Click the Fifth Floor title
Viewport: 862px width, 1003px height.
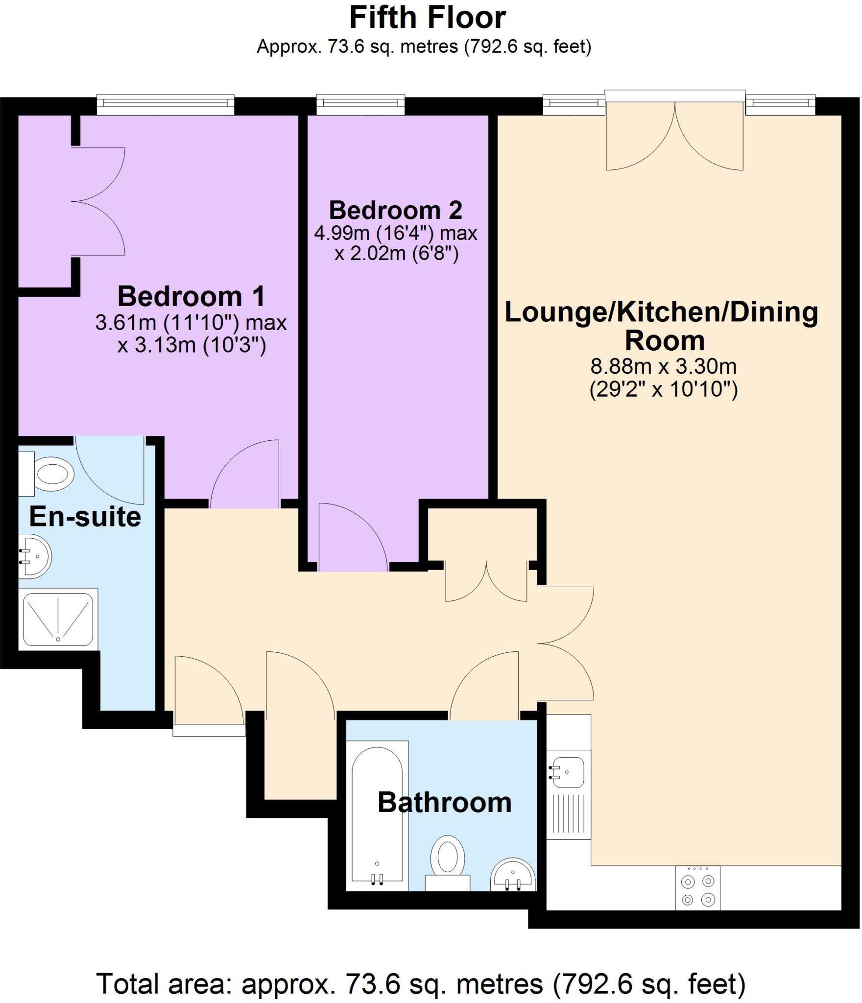pos(427,18)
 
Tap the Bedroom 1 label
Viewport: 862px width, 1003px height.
pos(191,296)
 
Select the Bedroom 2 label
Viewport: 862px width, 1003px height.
pos(395,210)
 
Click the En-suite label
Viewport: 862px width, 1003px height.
pos(85,517)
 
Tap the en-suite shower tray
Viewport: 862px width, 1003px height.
pos(58,620)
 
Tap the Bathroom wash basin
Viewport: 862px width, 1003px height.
pos(513,875)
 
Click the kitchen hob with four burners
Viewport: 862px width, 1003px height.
pos(697,887)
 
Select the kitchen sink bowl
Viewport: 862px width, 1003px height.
pos(567,772)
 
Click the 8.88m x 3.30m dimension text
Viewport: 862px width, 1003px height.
pos(663,366)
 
